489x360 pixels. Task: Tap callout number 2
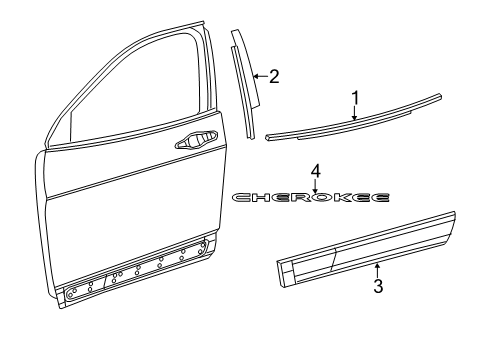pyautogui.click(x=273, y=75)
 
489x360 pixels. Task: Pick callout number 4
pyautogui.click(x=315, y=170)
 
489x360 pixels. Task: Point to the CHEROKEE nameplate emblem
pyautogui.click(x=311, y=198)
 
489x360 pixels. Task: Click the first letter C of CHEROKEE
pyautogui.click(x=241, y=198)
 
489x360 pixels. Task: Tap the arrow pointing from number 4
pyautogui.click(x=315, y=184)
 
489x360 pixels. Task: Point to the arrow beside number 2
pyautogui.click(x=258, y=75)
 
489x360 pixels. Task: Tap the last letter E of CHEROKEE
pyautogui.click(x=381, y=198)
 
